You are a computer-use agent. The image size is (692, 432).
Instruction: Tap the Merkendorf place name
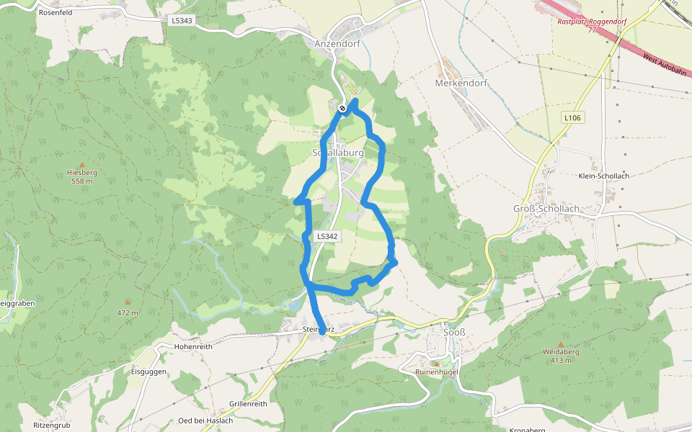tap(461, 83)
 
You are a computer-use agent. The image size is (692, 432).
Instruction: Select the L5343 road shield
tap(182, 21)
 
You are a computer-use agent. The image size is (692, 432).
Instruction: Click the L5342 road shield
tap(327, 236)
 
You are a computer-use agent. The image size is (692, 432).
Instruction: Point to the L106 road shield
tap(572, 117)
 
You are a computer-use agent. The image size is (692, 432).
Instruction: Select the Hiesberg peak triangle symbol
tap(81, 165)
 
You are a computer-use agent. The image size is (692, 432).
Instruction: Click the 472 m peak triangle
tap(128, 302)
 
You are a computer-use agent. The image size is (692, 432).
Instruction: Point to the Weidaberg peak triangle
tap(561, 344)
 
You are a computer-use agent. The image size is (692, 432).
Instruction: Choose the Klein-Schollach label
tap(604, 176)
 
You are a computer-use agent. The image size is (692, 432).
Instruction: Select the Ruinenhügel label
tap(437, 372)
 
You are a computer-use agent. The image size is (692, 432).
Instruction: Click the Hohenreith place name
tap(193, 346)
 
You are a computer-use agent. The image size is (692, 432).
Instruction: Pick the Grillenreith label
tap(248, 404)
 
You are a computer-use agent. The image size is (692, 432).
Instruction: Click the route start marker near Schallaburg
tap(343, 109)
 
